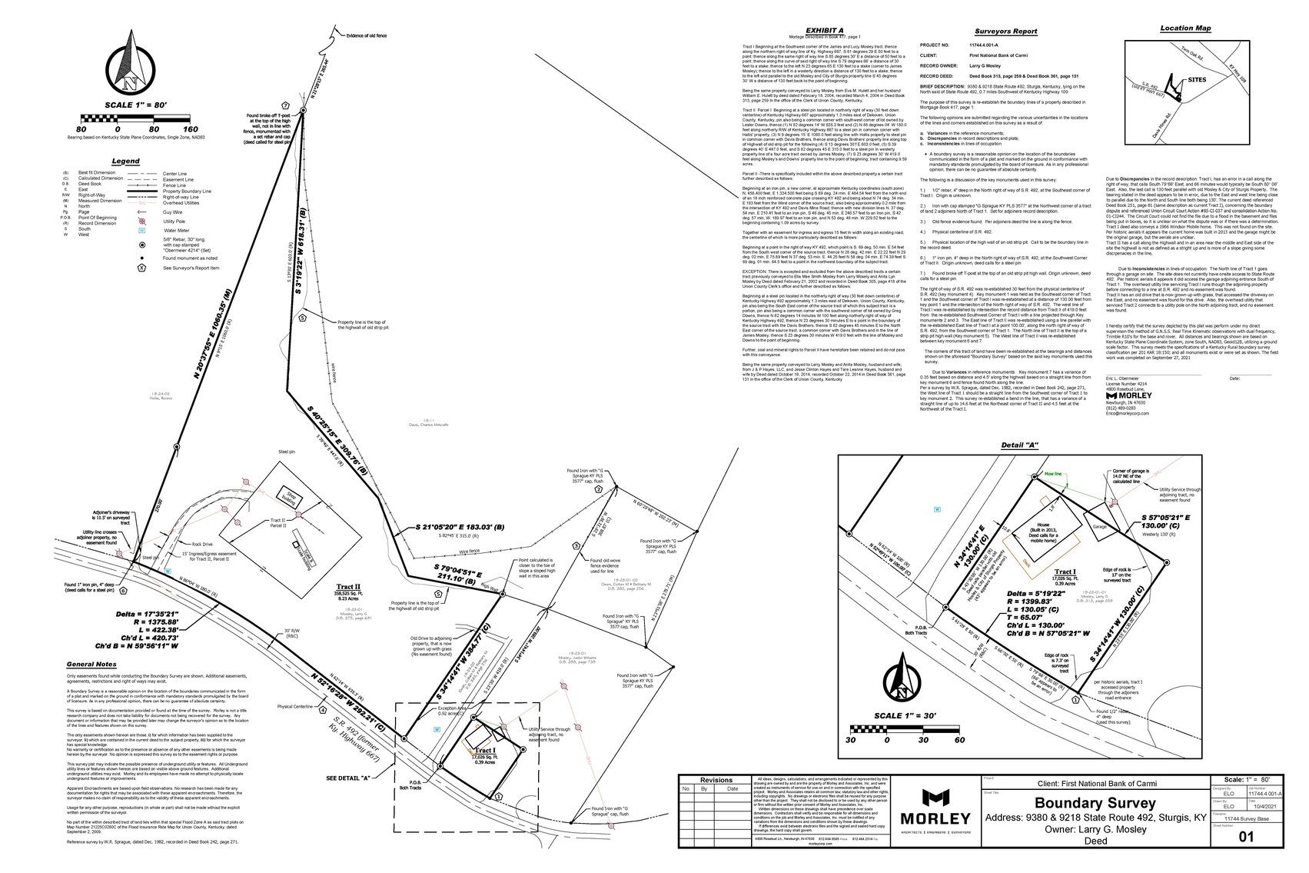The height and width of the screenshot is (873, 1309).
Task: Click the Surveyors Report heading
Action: [1005, 32]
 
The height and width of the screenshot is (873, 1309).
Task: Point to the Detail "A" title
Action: [1019, 446]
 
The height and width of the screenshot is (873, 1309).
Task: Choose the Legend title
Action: [125, 162]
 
